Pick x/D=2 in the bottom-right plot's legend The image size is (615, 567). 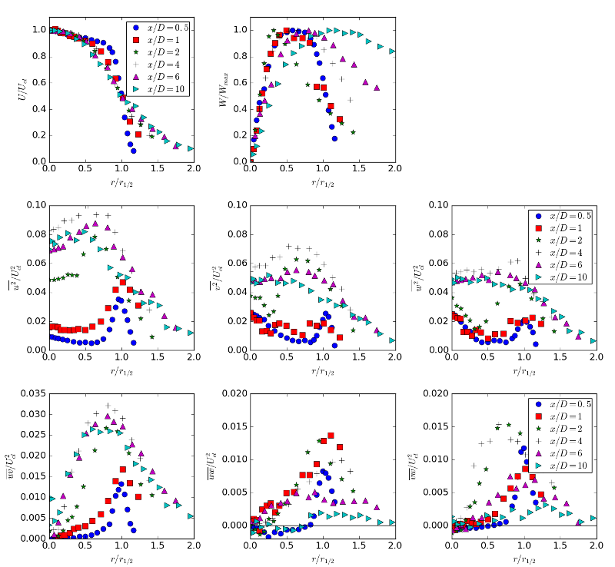[567, 429]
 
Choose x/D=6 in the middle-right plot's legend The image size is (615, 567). [567, 264]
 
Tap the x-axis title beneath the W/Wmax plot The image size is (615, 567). [323, 182]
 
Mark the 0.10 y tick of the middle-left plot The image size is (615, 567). [35, 205]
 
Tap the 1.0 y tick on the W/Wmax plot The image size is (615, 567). [239, 30]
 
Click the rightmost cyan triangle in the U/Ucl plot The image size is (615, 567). [190, 148]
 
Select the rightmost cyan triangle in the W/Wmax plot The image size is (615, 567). [392, 51]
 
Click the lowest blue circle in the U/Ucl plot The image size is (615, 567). [133, 151]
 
